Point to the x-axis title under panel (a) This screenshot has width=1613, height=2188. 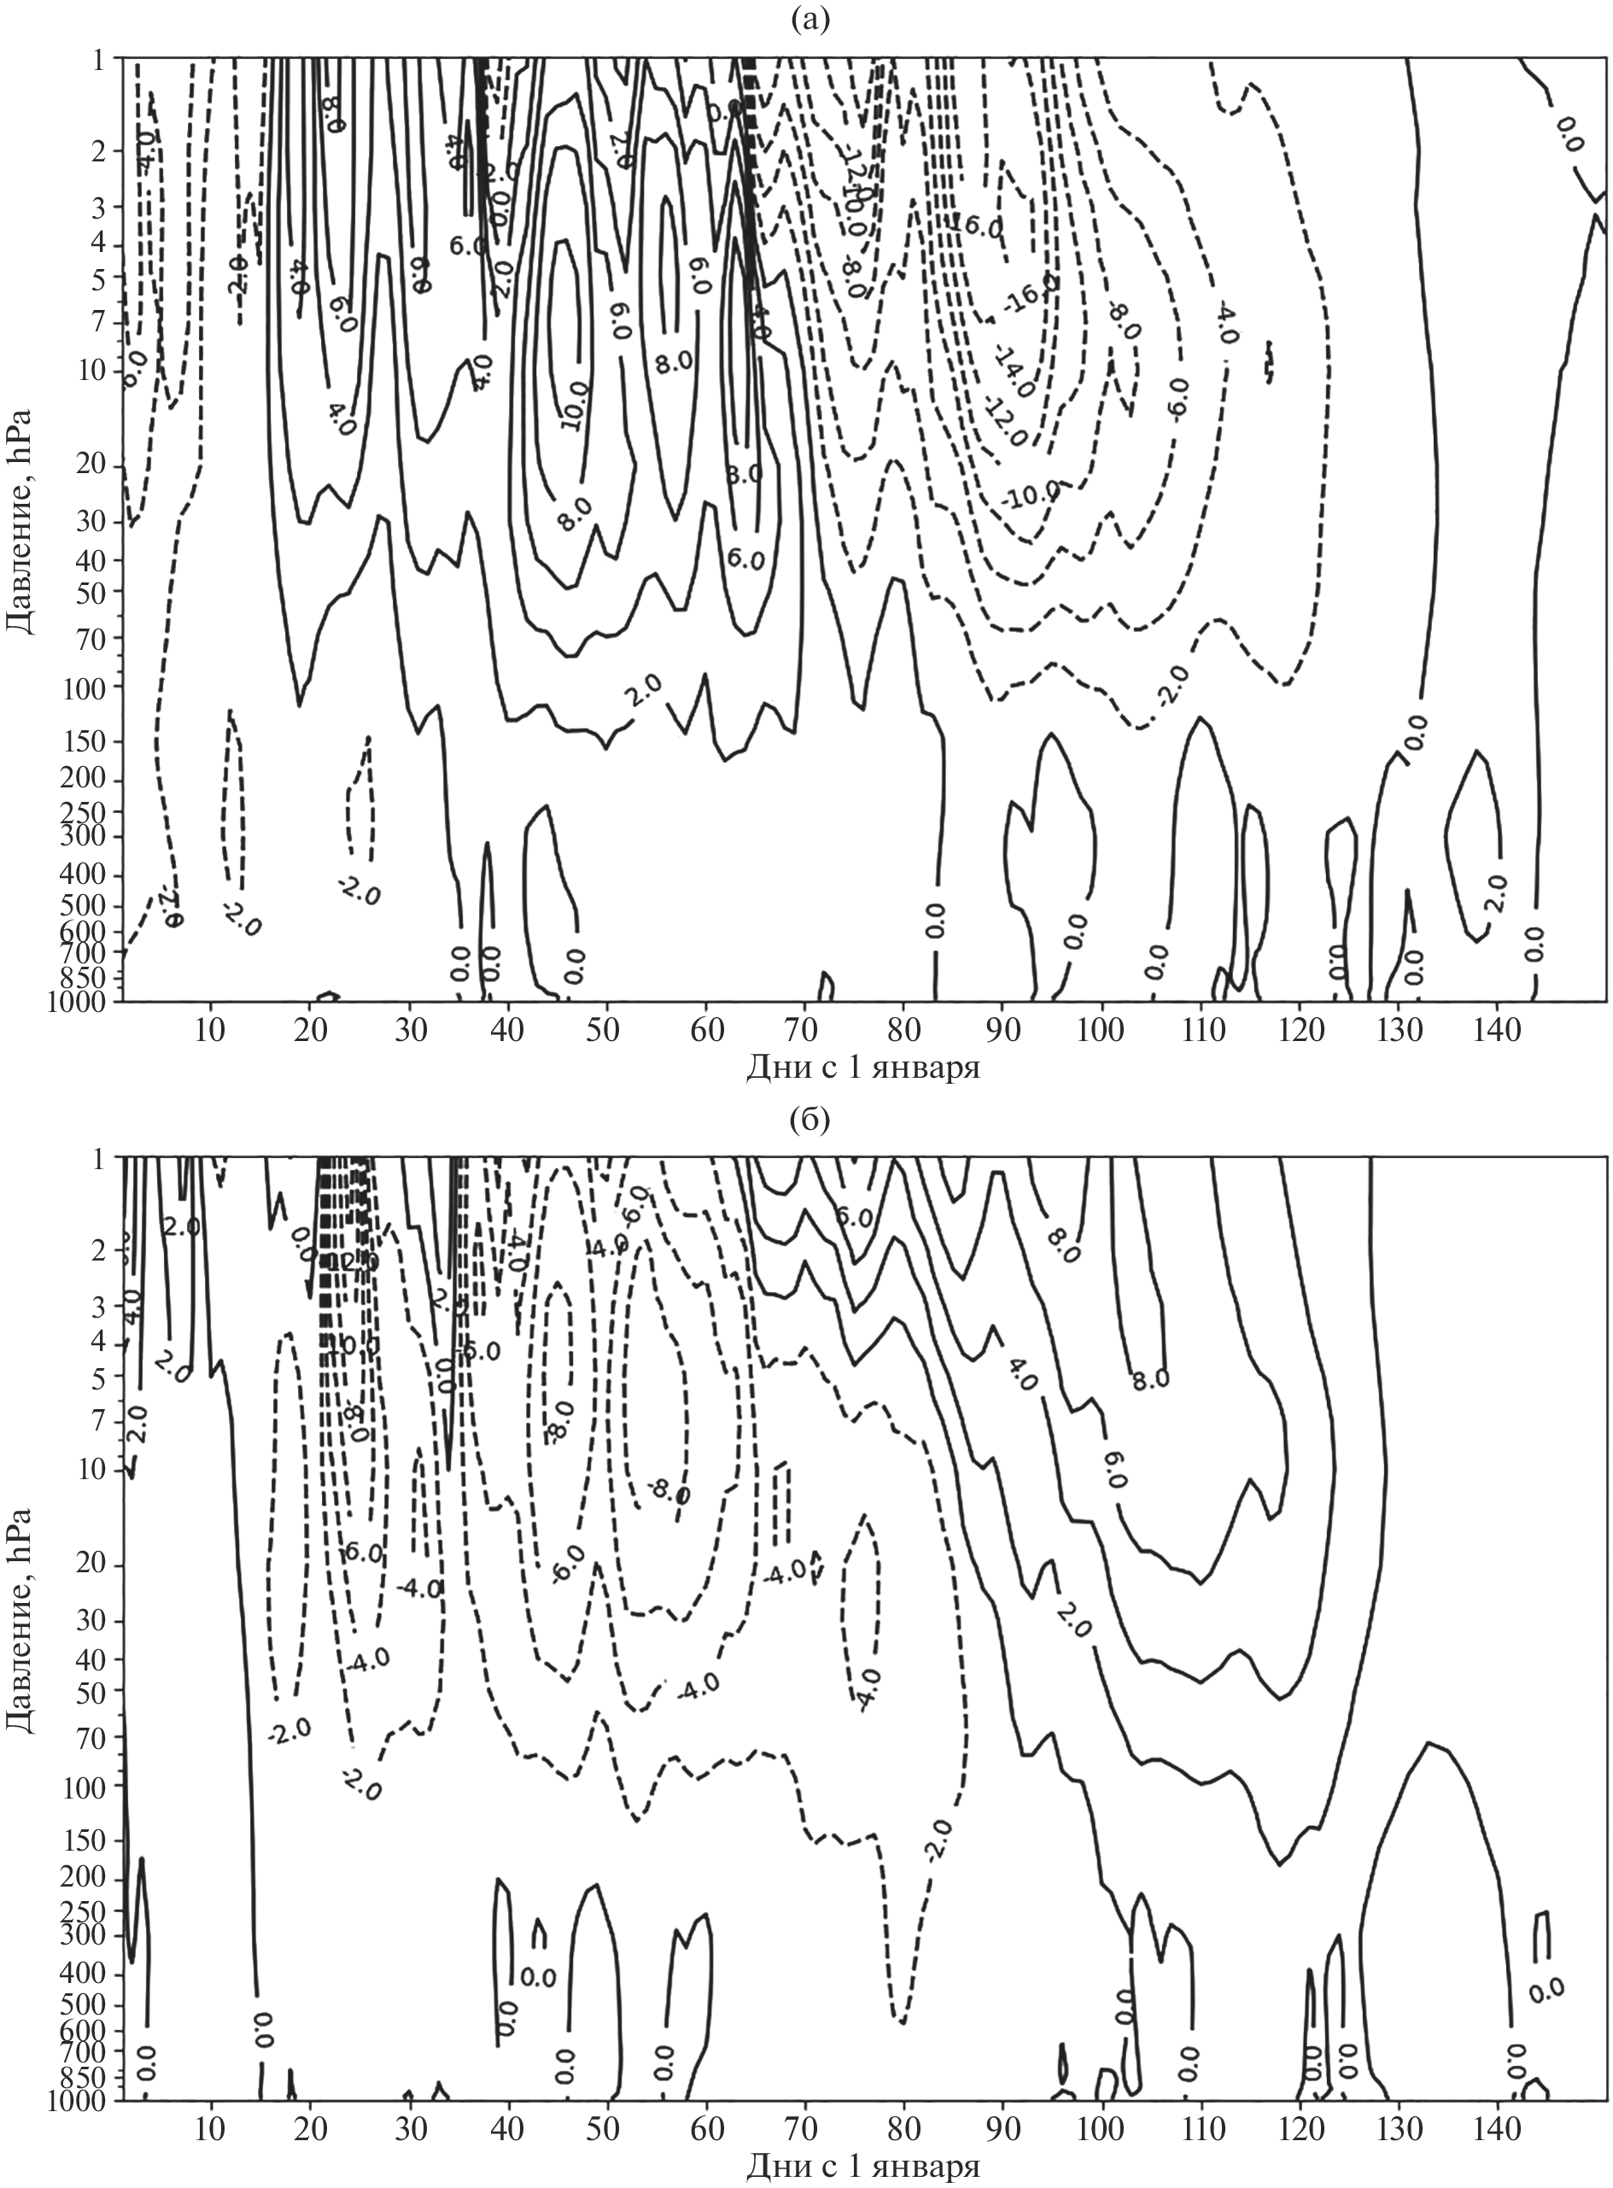(863, 1068)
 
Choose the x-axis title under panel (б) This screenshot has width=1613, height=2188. (863, 2167)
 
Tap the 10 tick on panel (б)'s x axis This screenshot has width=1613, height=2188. (210, 2132)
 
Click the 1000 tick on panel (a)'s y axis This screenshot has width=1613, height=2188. (83, 1001)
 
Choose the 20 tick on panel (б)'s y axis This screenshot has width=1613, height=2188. (93, 1566)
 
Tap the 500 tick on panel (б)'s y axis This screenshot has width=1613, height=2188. (90, 2005)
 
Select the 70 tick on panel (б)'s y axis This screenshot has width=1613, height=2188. (93, 1737)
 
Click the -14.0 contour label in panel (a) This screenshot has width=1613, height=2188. (1016, 371)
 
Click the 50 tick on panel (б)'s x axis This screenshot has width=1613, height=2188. (605, 2132)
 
